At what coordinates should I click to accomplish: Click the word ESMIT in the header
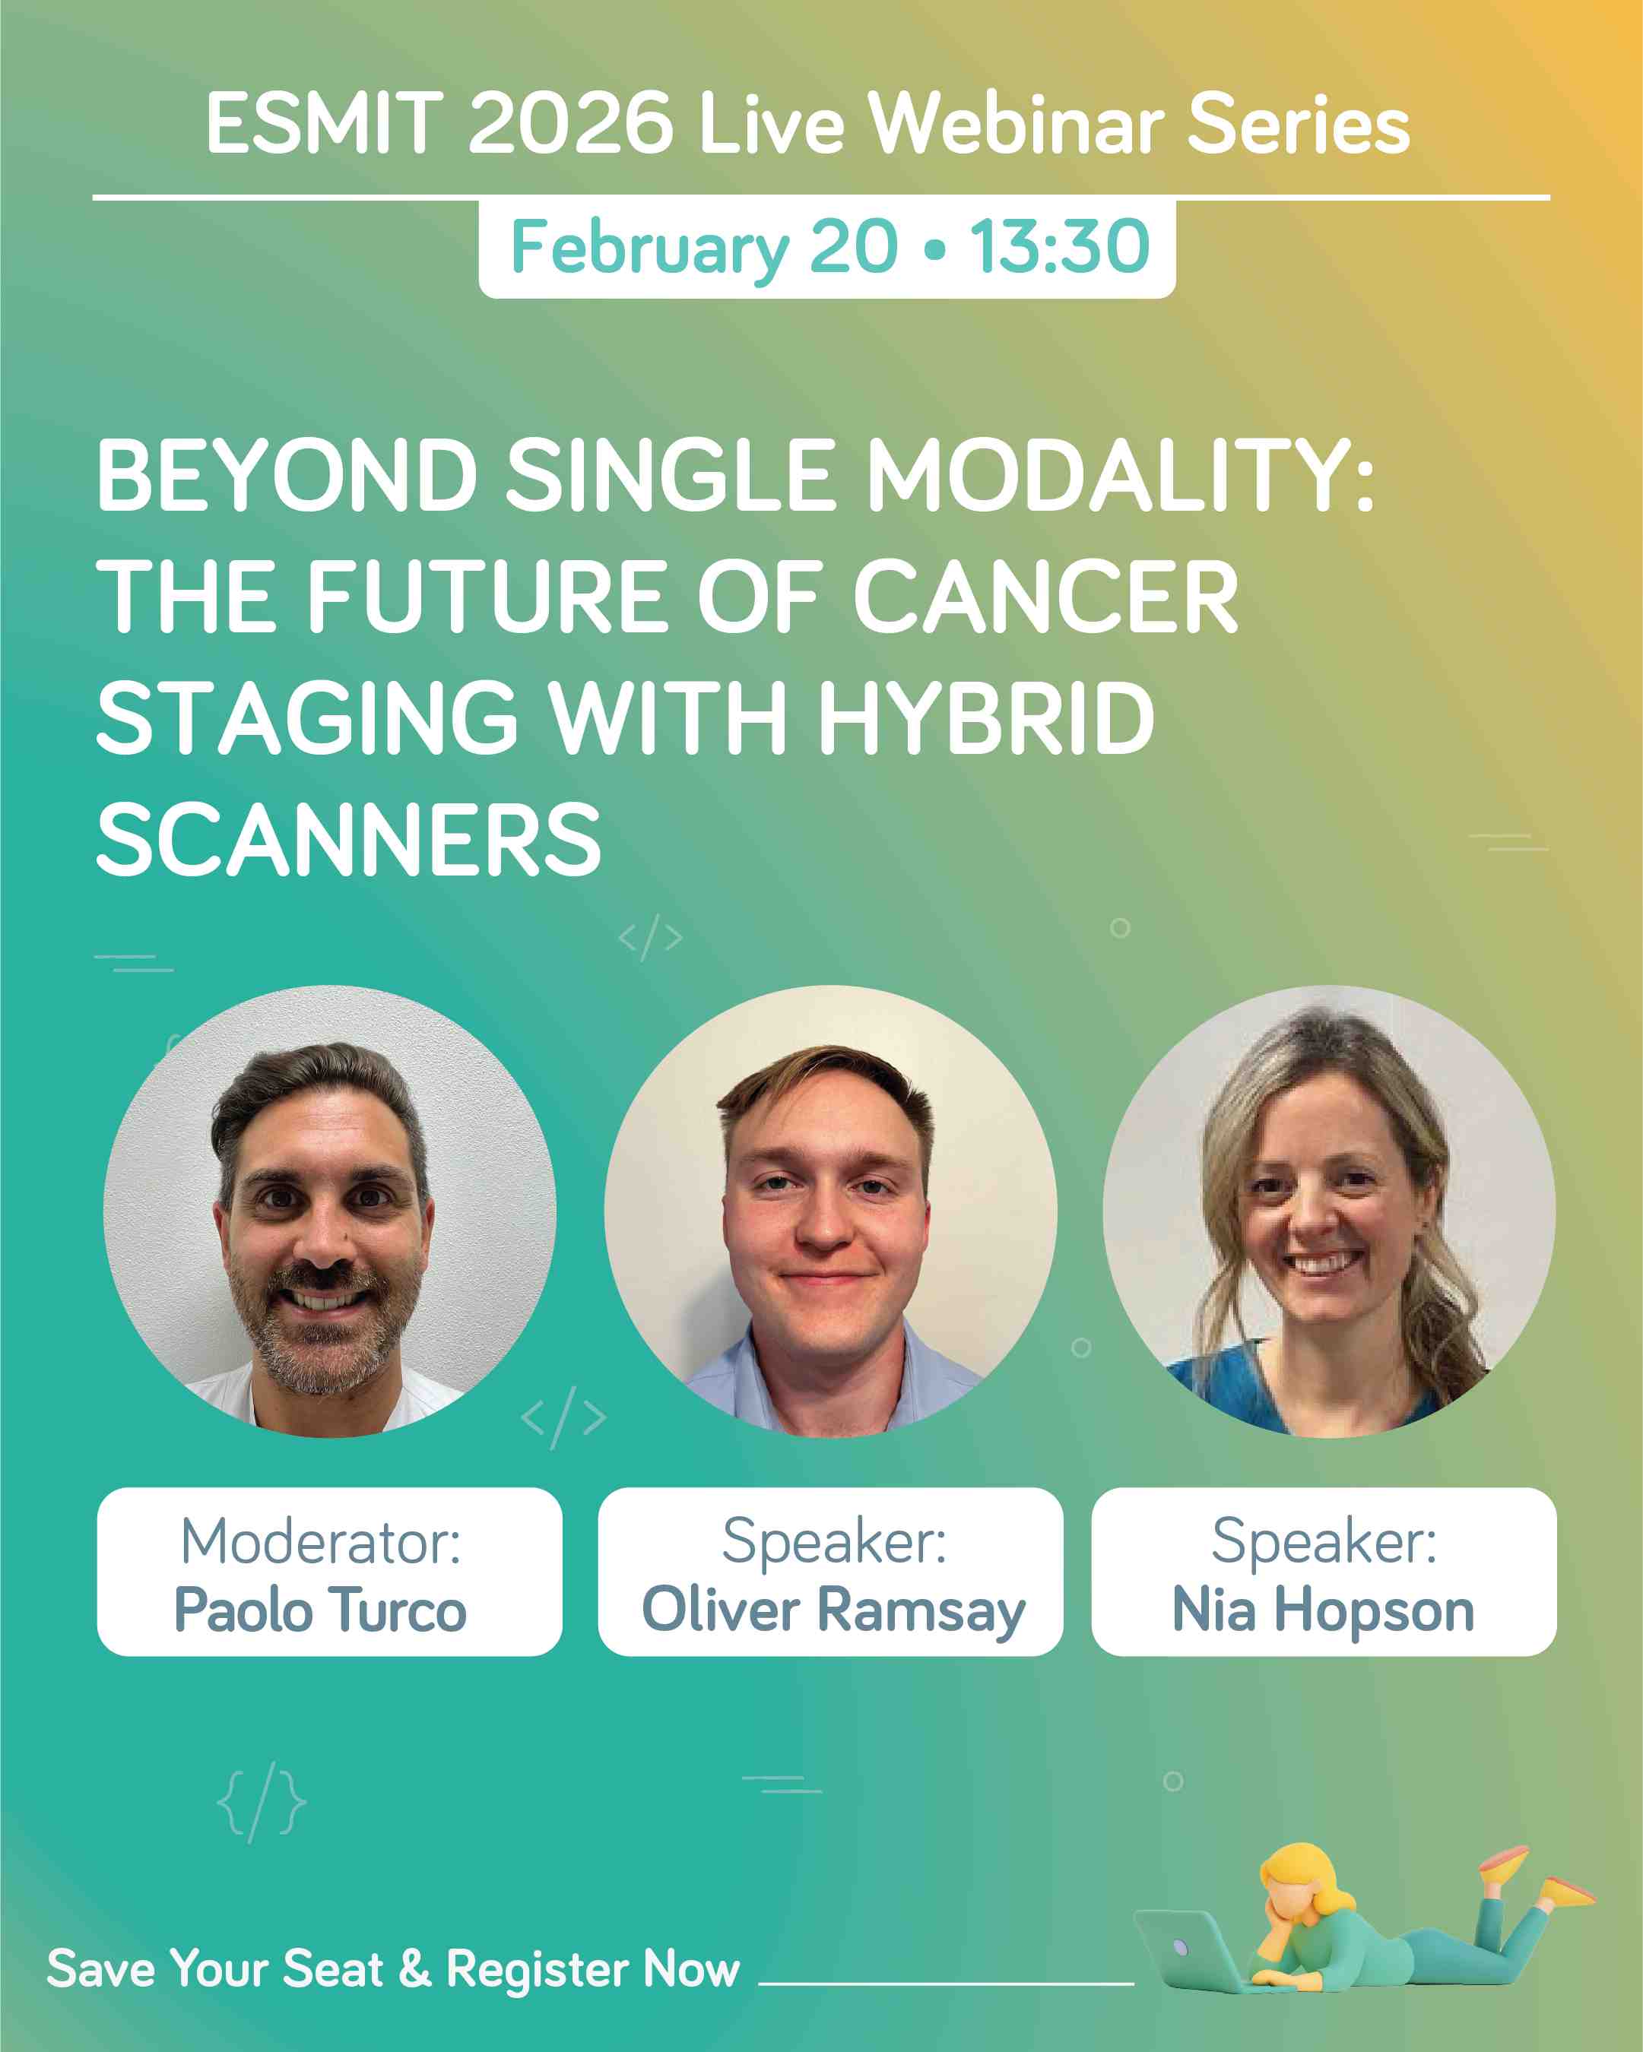324,123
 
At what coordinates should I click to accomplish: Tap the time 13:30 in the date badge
1061,245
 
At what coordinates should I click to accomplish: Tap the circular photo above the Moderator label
329,1211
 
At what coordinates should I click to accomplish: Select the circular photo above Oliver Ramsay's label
830,1211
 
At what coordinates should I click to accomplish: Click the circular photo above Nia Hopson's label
1329,1211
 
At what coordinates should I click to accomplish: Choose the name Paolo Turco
321,1610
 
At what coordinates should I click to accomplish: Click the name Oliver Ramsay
834,1610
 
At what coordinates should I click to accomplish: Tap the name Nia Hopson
1323,1610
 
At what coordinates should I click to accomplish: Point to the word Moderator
320,1542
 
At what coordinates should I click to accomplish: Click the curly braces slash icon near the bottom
262,1803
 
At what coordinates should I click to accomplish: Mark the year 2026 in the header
570,123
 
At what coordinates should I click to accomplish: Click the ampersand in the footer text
415,1969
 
